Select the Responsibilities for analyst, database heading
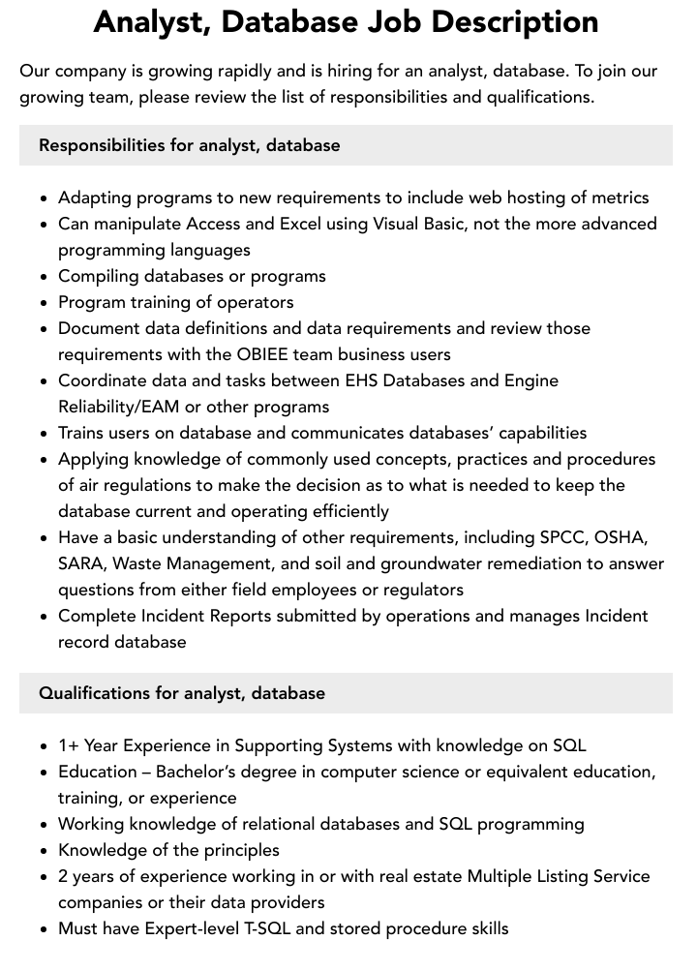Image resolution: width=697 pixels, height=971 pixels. [190, 145]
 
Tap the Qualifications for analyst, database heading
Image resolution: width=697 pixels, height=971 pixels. [182, 693]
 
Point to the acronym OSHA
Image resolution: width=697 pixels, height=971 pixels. [621, 537]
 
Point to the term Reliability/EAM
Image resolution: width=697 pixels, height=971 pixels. [125, 407]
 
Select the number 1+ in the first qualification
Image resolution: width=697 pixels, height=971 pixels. [69, 745]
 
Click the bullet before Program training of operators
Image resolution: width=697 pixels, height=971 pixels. [45, 303]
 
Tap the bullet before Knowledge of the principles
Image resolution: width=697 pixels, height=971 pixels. [45, 851]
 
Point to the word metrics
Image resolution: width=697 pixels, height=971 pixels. [615, 197]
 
